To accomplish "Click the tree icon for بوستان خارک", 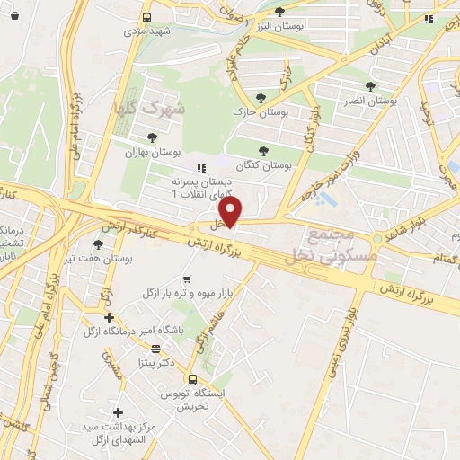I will (261, 97).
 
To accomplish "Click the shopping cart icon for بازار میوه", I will (186, 279).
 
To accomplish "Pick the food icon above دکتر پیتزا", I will (156, 349).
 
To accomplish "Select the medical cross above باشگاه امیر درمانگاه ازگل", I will (109, 317).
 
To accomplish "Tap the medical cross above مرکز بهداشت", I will (117, 411).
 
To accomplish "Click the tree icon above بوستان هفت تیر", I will (98, 243).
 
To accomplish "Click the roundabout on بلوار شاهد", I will (377, 237).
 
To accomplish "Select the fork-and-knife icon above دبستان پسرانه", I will (200, 167).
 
